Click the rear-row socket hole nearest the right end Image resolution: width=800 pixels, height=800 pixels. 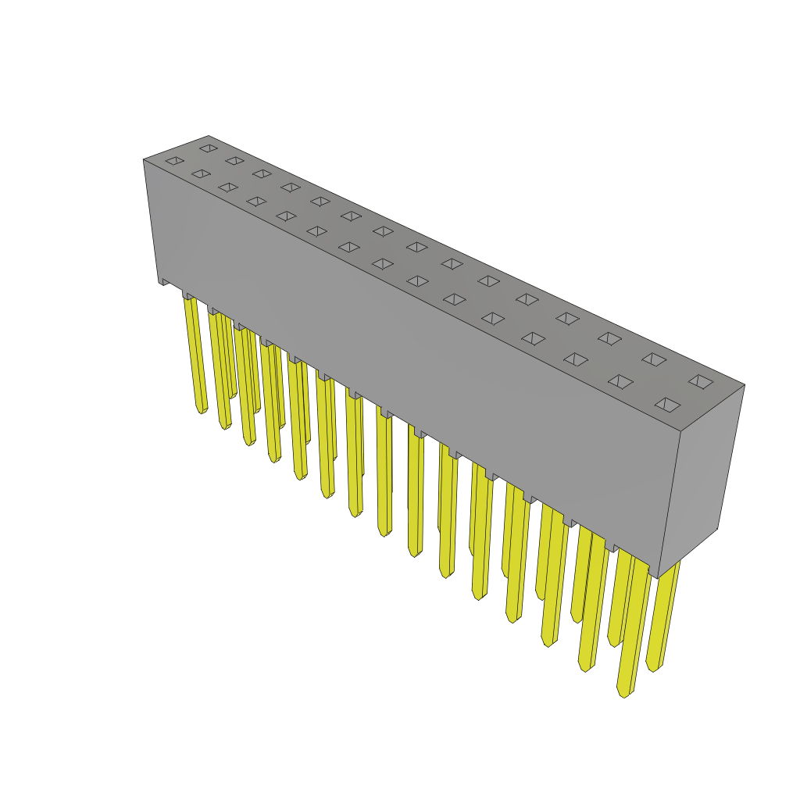tap(701, 382)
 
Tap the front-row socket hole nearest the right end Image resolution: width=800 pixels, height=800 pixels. tap(667, 405)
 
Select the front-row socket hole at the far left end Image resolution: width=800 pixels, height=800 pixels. tap(175, 161)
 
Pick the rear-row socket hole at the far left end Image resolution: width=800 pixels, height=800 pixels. tap(209, 148)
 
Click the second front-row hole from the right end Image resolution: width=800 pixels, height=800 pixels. tap(621, 382)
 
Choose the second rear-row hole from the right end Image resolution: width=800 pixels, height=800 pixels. tap(654, 359)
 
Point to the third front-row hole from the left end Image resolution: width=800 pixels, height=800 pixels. tap(228, 187)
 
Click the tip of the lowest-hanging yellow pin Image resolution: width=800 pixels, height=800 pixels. tap(623, 694)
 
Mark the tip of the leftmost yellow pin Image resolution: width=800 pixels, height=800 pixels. tap(201, 410)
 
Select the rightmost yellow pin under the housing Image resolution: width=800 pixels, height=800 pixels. tap(662, 617)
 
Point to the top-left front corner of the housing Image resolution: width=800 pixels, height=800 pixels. tap(145, 161)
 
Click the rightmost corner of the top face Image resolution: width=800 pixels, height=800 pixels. tap(744, 385)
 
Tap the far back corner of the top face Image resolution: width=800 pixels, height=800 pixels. tap(209, 137)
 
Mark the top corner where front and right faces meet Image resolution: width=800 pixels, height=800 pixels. tap(680, 431)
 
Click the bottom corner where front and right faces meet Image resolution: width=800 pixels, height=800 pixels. tap(658, 577)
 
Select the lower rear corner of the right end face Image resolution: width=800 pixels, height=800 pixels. tap(717, 529)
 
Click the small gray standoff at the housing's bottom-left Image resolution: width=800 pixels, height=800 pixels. tap(164, 281)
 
